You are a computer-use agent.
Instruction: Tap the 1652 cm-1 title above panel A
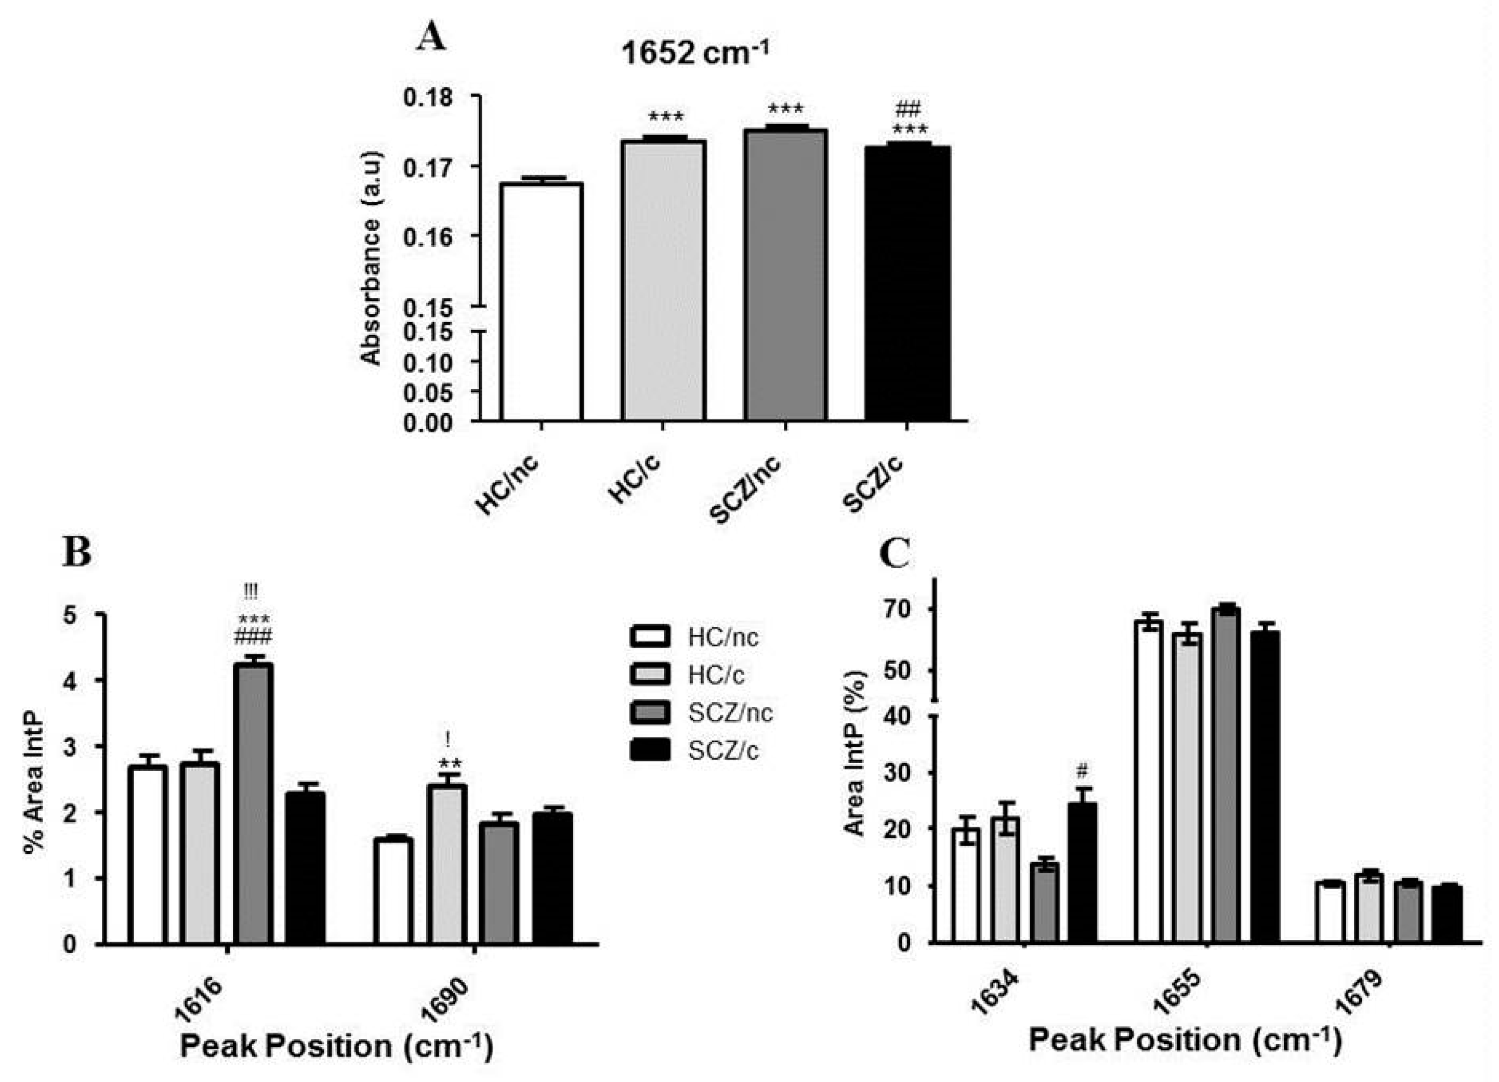tap(695, 53)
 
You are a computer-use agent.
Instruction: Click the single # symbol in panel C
tap(1082, 770)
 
